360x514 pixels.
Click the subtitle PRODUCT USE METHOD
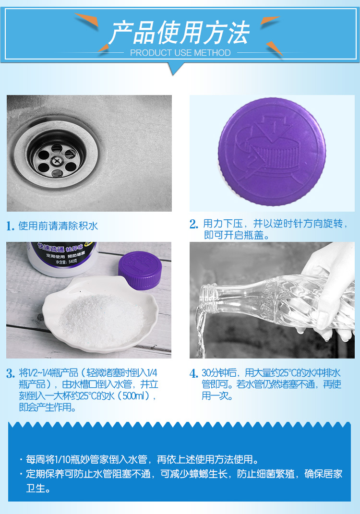(180, 53)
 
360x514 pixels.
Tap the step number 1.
(10, 226)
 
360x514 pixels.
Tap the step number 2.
(194, 224)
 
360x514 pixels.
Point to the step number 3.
(11, 373)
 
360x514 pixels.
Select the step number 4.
(194, 373)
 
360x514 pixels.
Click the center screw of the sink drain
(56, 161)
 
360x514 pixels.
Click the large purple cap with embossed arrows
(272, 152)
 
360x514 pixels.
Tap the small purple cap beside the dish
(140, 270)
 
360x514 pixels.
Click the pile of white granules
(102, 320)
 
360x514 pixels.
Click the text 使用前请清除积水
(58, 226)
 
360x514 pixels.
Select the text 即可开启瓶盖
(234, 235)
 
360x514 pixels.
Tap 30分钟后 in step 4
(219, 373)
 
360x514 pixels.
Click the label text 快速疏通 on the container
(50, 248)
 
